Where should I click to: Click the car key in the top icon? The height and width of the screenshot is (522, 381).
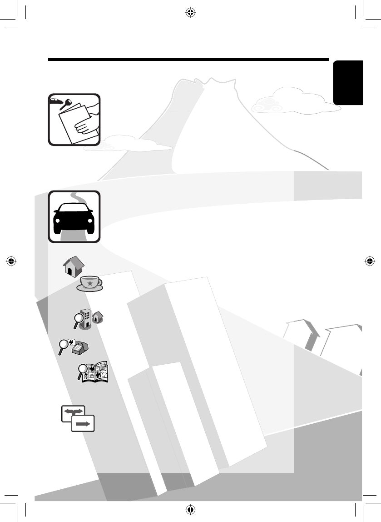click(x=66, y=104)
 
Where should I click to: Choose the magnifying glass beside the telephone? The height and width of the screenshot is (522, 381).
click(x=64, y=347)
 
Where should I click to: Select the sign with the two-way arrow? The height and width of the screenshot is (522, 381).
click(x=73, y=411)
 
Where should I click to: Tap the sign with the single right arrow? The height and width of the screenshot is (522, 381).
click(x=83, y=423)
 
